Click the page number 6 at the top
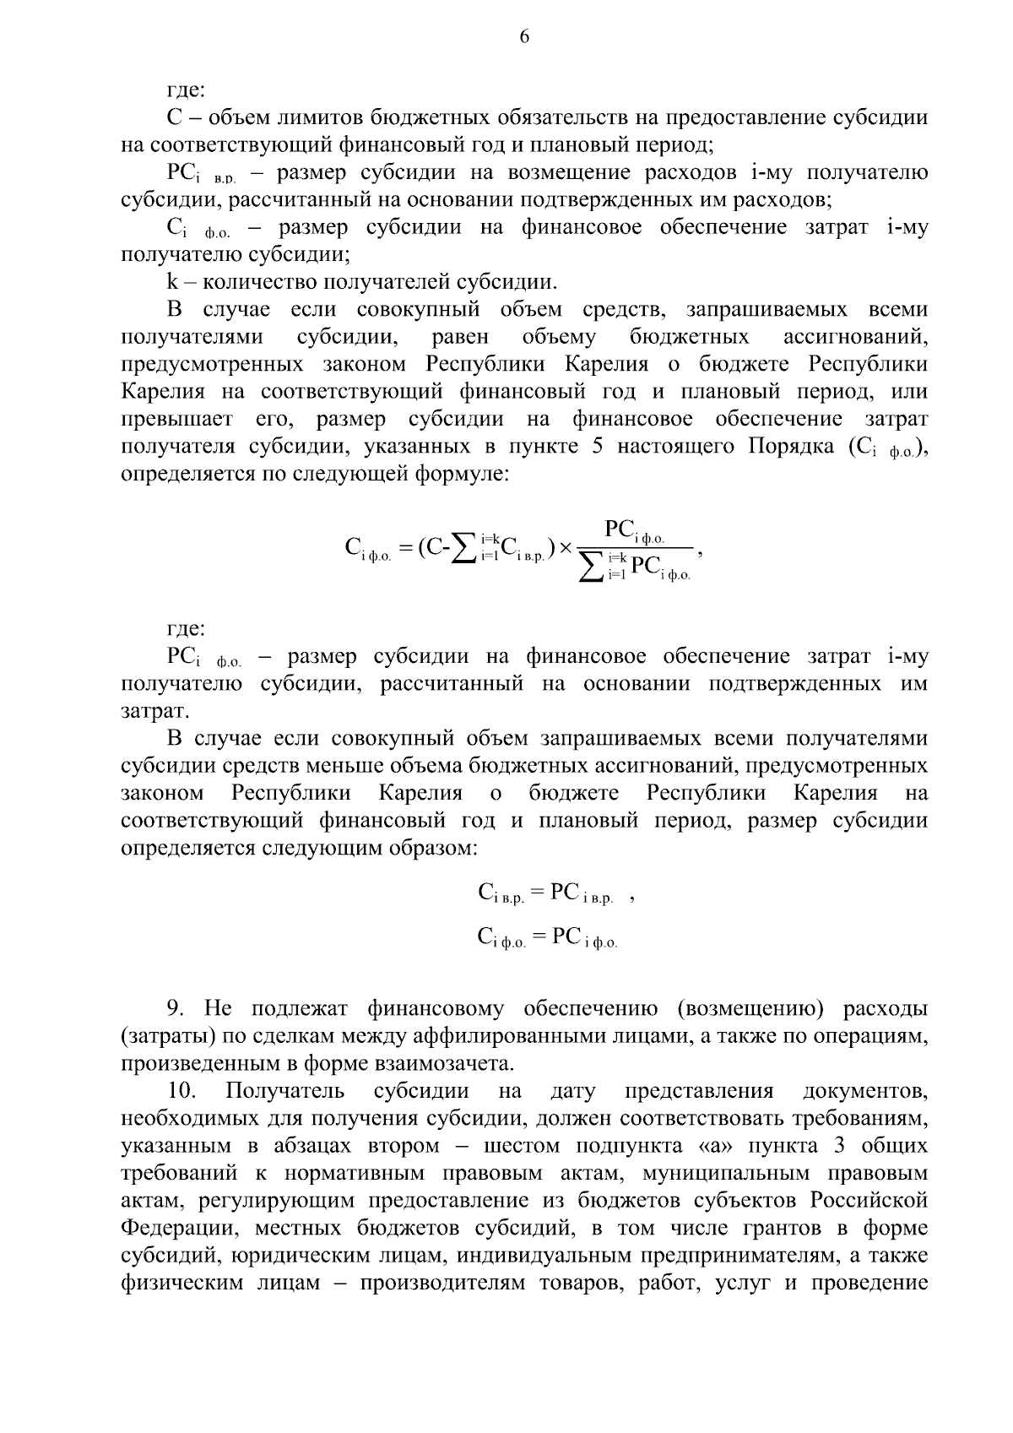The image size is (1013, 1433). (524, 36)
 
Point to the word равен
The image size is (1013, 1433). (460, 337)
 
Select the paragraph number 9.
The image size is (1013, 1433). (176, 1008)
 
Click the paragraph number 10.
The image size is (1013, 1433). (181, 1091)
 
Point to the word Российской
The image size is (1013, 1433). (869, 1200)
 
